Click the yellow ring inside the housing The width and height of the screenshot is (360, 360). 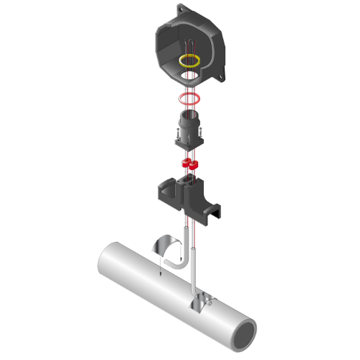point(190,60)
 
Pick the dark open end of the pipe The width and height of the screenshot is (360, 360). point(246,333)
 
